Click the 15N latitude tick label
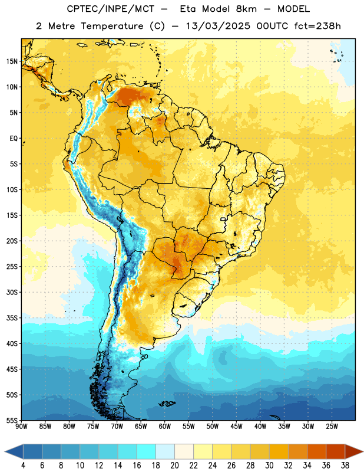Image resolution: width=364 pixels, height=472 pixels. (12, 61)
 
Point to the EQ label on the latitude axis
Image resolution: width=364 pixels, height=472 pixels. (14, 139)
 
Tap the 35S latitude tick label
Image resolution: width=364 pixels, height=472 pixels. (12, 318)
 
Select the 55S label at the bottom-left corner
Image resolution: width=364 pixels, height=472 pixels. (12, 420)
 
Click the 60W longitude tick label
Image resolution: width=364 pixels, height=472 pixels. (165, 426)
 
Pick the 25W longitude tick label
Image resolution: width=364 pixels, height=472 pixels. (332, 426)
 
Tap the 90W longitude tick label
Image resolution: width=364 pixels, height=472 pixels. (21, 426)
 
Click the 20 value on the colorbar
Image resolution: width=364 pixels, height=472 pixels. (174, 466)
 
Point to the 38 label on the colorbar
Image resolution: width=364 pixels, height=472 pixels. (345, 466)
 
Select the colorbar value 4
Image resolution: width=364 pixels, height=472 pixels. (23, 466)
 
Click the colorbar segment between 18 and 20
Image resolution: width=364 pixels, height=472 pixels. (165, 451)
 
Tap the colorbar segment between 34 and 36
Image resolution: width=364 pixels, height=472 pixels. (316, 451)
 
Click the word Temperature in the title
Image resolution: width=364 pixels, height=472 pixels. (112, 26)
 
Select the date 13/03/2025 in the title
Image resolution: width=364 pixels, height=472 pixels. (218, 26)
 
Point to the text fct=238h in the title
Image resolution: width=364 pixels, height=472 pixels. (317, 26)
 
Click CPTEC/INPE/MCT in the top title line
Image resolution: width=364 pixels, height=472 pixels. (111, 9)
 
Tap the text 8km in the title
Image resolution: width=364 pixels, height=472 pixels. (246, 9)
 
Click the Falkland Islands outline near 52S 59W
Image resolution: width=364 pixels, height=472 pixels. (167, 404)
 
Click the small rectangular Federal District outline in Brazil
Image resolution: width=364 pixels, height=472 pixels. (223, 219)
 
